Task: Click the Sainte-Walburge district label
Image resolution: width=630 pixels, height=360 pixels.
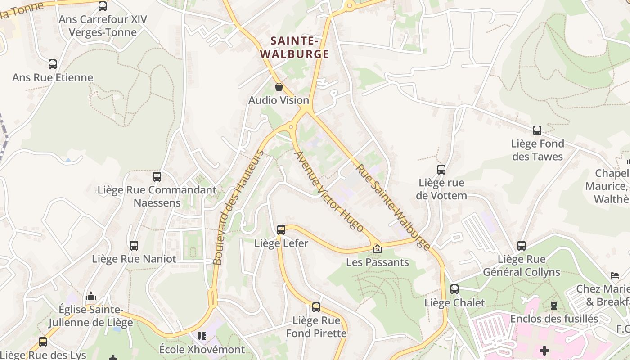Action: coord(295,47)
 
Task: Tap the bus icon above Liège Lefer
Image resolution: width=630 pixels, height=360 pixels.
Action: coord(281,230)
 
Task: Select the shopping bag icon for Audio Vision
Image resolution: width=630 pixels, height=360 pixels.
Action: coord(279,87)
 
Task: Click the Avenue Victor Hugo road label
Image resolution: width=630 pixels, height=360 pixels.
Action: coord(328,191)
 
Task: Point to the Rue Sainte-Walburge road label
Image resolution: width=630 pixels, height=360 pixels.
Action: coord(393,207)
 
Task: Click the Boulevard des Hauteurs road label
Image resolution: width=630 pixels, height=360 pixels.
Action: coord(238,207)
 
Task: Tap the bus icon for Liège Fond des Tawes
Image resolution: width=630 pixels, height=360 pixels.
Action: coord(537,130)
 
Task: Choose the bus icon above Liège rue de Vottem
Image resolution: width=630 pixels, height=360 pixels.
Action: coord(441,170)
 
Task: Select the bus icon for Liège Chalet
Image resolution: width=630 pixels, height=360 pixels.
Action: coord(454,289)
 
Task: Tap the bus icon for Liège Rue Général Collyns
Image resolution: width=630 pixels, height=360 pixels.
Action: coord(522,246)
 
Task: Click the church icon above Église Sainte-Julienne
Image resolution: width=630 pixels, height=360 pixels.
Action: coord(91,296)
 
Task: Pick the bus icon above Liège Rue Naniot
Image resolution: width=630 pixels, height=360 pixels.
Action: coord(134,246)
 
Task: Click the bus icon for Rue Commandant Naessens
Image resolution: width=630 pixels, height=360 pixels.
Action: coord(157,177)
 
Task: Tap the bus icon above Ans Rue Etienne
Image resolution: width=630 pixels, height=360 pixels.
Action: coord(53,64)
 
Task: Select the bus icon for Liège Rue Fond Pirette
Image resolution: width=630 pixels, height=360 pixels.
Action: coord(316,307)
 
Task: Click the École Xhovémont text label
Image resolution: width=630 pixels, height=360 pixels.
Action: coord(202,349)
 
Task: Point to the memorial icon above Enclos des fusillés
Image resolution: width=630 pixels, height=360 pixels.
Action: coord(554,306)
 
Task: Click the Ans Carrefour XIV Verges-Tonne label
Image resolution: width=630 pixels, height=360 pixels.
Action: coord(103,26)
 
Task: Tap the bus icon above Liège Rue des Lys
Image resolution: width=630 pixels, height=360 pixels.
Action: coord(43,342)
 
